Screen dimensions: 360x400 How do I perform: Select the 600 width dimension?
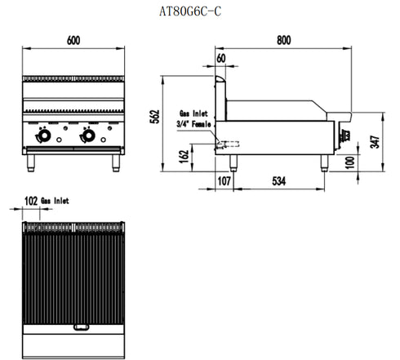tap(73, 39)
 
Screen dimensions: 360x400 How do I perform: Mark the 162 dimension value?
tap(184, 152)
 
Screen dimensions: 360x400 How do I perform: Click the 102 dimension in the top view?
tap(31, 198)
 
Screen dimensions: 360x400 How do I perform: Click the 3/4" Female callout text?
tap(193, 123)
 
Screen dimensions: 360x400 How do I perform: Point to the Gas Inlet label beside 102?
tap(56, 198)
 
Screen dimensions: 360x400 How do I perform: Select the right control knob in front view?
tap(87, 136)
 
